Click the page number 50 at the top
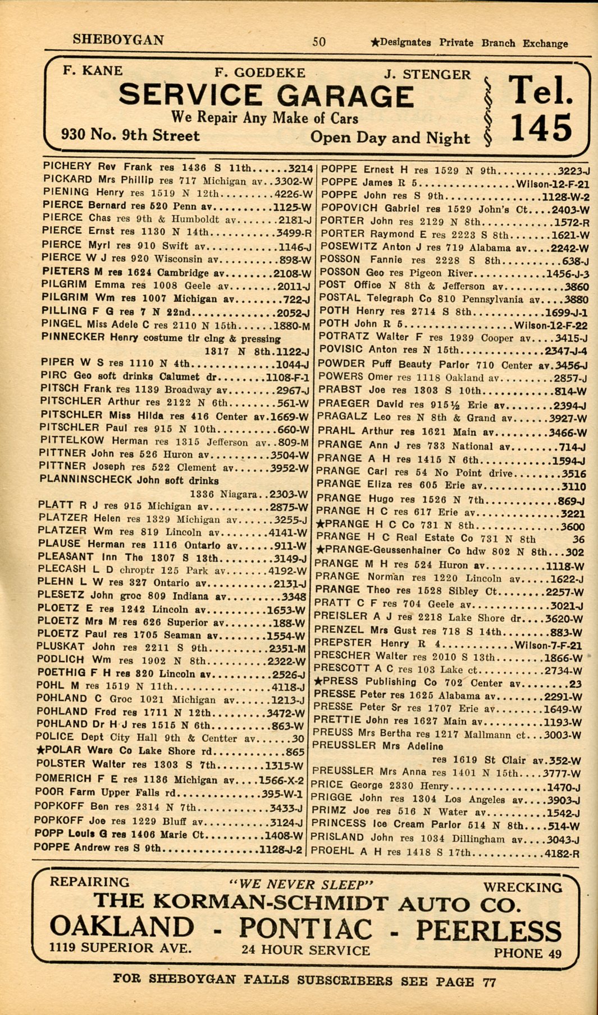coord(319,42)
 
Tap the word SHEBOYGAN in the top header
coord(118,40)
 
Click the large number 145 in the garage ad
coord(541,128)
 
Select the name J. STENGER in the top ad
coord(427,74)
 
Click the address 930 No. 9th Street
coord(130,135)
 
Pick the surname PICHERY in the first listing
coord(67,166)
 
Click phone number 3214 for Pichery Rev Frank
coord(300,168)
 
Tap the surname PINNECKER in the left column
coord(73,337)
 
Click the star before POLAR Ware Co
coord(40,750)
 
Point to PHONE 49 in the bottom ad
coord(527,953)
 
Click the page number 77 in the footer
coord(489,982)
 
